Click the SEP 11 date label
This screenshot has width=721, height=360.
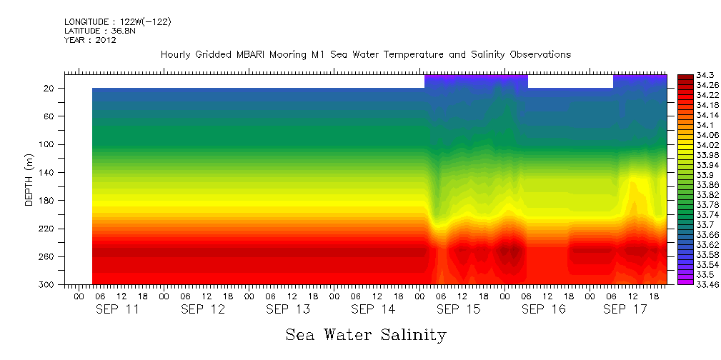click(x=118, y=309)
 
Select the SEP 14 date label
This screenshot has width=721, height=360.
click(x=372, y=309)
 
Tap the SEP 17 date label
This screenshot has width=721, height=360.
click(x=625, y=309)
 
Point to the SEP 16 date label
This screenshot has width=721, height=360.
click(x=543, y=309)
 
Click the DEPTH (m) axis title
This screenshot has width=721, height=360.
click(x=29, y=179)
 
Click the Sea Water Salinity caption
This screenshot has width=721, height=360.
click(x=366, y=334)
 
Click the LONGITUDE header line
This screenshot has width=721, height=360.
click(x=117, y=22)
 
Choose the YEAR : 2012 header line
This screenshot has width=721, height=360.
click(x=90, y=41)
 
